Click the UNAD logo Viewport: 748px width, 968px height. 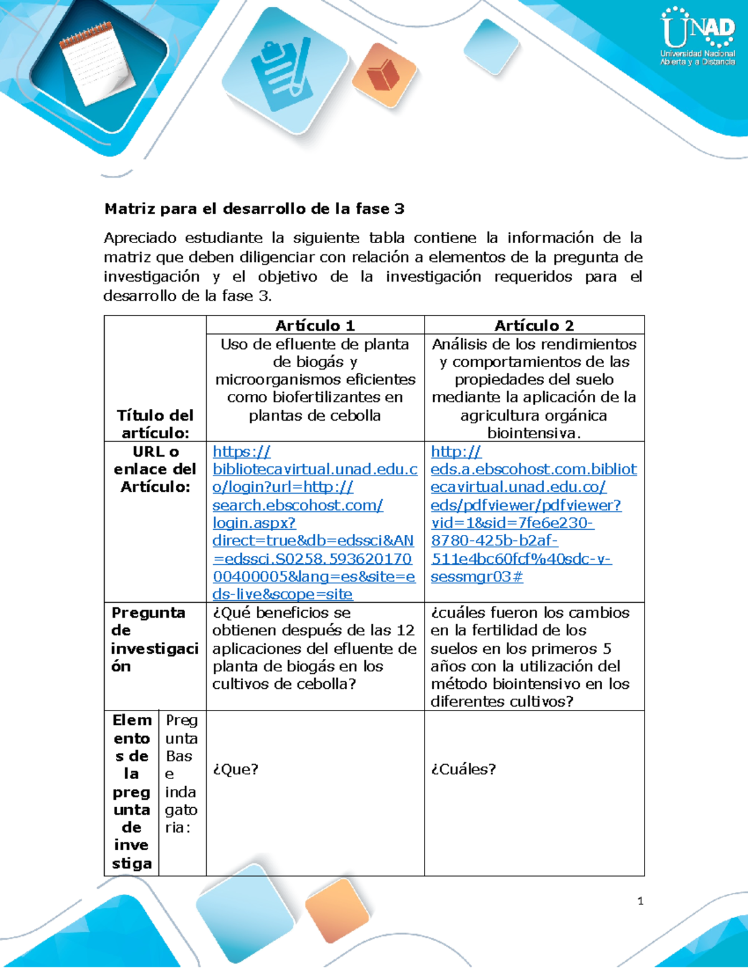[698, 36]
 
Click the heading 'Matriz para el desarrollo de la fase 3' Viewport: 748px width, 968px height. [254, 209]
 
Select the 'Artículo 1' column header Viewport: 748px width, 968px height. [315, 325]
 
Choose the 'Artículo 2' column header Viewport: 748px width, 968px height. [534, 325]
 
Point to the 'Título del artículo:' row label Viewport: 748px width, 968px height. [155, 424]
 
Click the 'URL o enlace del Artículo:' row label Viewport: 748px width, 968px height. [155, 469]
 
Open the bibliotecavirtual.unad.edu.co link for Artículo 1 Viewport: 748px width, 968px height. [314, 522]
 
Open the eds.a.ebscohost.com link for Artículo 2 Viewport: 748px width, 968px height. [533, 514]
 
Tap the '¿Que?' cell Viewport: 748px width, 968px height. [235, 769]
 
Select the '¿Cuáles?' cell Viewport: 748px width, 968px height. [463, 769]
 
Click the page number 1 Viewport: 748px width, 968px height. [640, 901]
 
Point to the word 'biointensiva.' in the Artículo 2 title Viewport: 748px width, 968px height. [534, 433]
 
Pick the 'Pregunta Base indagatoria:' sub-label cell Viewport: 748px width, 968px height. [181, 774]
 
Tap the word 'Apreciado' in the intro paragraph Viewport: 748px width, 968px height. [140, 237]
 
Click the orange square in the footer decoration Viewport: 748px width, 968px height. [337, 910]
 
